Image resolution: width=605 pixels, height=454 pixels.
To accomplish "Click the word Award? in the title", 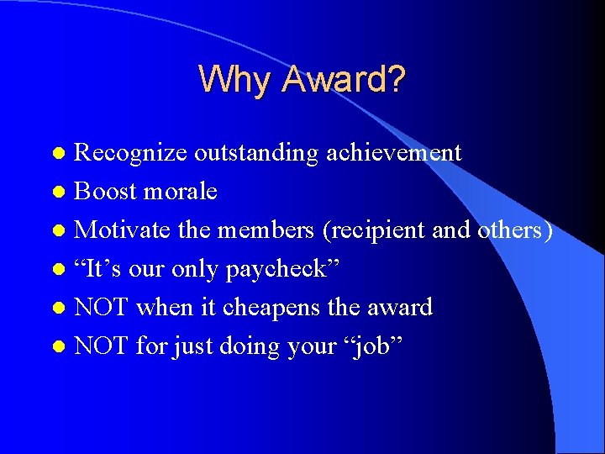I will (345, 80).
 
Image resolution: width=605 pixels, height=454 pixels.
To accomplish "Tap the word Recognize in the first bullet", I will (131, 153).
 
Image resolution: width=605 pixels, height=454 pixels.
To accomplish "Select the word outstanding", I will (256, 153).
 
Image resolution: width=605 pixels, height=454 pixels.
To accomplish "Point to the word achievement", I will (394, 153).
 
